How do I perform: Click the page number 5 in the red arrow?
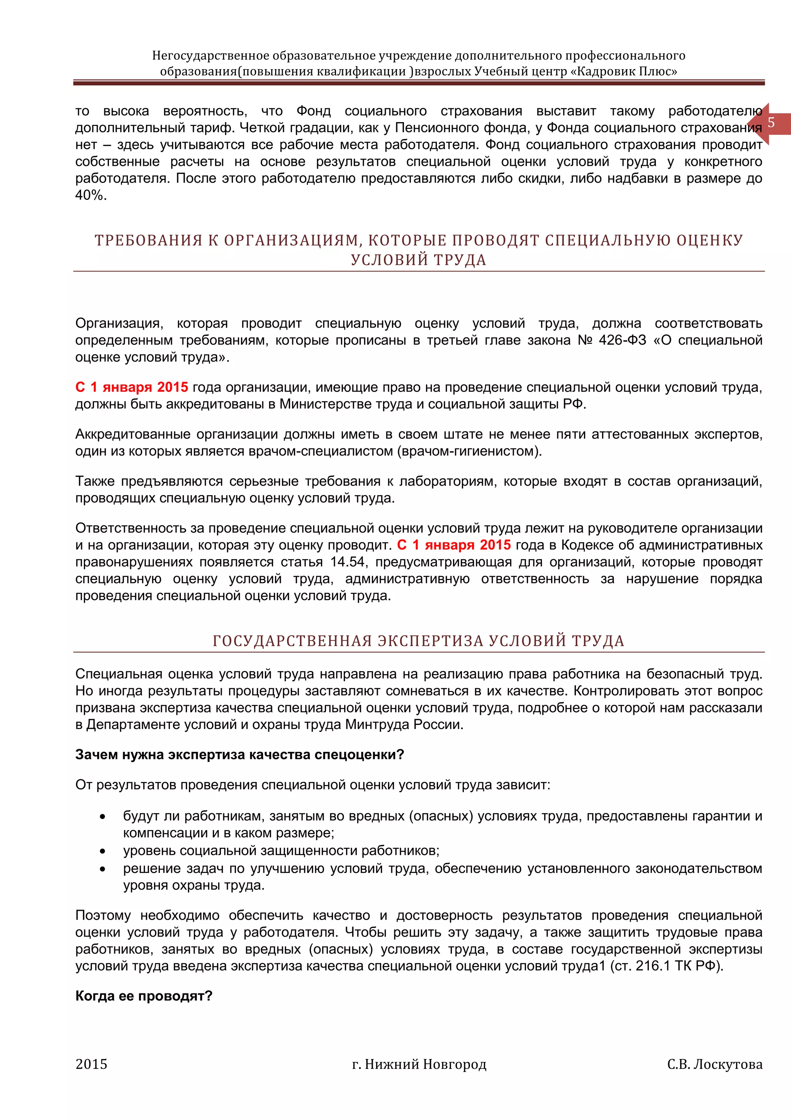tap(771, 123)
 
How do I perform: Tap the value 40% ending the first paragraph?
tap(91, 196)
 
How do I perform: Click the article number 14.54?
tap(347, 562)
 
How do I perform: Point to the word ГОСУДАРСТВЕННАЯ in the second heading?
tap(292, 641)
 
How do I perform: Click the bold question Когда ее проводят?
tap(144, 996)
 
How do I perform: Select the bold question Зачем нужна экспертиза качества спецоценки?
tap(239, 755)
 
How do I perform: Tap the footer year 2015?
tap(92, 1064)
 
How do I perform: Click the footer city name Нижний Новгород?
tap(425, 1064)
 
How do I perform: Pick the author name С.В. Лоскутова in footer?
tap(715, 1064)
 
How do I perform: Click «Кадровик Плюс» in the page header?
tap(624, 71)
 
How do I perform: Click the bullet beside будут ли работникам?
tap(102, 817)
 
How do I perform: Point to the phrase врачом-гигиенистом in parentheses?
tap(468, 451)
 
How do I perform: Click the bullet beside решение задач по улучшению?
tap(102, 869)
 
